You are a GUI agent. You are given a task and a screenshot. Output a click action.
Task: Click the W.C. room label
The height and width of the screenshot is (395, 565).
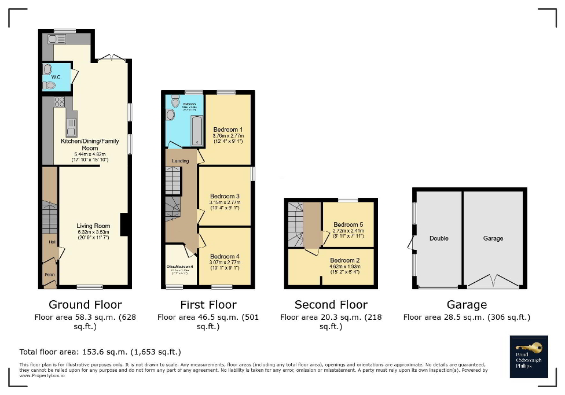click(56, 76)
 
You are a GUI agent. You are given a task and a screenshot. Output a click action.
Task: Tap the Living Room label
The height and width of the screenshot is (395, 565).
click(93, 226)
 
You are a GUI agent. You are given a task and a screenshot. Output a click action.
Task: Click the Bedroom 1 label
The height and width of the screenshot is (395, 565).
click(228, 130)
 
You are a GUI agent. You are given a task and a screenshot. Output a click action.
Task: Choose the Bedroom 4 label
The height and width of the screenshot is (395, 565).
click(225, 256)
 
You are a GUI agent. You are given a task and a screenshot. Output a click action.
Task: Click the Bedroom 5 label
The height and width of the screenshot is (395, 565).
click(348, 224)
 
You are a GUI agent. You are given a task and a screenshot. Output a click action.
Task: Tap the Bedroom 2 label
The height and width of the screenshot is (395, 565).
click(344, 260)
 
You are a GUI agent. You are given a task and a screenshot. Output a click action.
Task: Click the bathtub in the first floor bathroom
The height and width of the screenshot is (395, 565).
click(196, 130)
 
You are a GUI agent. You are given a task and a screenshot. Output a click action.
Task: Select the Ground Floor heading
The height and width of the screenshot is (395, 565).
click(85, 304)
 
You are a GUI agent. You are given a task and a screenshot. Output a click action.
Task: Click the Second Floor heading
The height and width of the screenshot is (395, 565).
click(331, 304)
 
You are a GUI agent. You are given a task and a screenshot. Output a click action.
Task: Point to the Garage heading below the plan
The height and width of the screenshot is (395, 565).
click(467, 304)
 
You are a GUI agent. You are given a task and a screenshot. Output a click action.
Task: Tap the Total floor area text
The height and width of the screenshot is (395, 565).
click(100, 352)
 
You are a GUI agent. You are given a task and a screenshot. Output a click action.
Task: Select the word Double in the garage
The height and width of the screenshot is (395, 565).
click(439, 238)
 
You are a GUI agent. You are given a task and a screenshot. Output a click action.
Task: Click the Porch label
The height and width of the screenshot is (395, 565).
click(49, 275)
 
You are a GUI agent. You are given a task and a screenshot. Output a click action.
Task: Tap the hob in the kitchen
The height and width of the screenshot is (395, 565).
click(59, 102)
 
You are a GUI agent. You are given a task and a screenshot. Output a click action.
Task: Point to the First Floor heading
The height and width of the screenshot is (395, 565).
click(208, 304)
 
